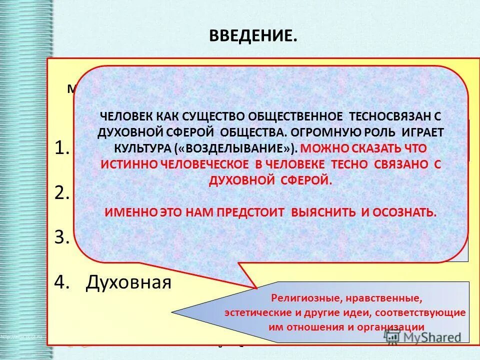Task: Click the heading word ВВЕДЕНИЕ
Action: coord(252,36)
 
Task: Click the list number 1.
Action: coord(60,148)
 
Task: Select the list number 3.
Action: coord(61,237)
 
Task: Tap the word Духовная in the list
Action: coord(128,282)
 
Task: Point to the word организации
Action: coord(393,327)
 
